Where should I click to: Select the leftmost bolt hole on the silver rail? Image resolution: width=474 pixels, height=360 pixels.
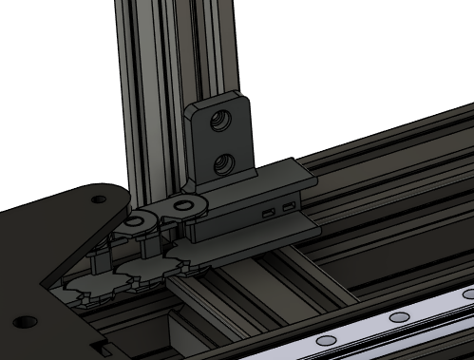tap(325, 339)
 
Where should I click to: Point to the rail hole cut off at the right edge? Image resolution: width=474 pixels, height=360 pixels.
tap(468, 294)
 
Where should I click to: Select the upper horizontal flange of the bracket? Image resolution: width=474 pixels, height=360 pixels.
tap(285, 176)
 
